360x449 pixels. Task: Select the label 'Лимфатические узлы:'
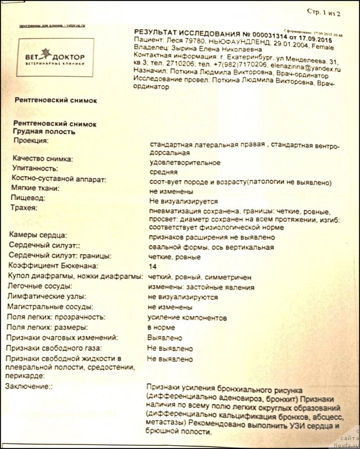point(47,296)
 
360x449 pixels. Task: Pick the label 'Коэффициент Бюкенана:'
point(52,265)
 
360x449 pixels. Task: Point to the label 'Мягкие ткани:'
point(37,188)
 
